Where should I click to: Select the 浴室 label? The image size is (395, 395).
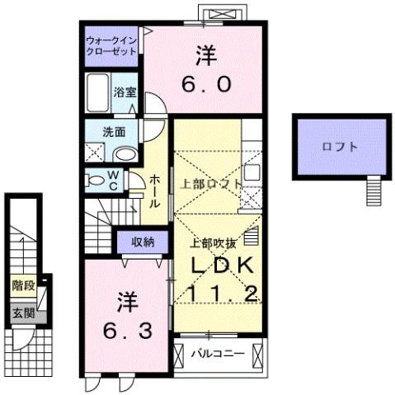[125, 93]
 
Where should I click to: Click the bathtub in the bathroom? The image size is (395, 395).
[98, 93]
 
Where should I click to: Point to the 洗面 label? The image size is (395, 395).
[114, 132]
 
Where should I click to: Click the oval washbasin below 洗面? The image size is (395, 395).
[126, 154]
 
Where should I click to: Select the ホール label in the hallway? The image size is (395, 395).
[154, 192]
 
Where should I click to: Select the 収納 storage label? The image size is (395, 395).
[142, 242]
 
